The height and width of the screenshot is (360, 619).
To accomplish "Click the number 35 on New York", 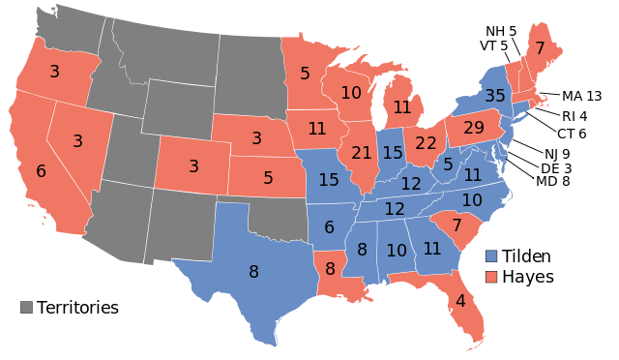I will (x=495, y=96).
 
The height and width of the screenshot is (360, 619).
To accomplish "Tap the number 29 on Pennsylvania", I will (x=474, y=128).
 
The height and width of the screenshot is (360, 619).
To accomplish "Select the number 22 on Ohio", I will (x=426, y=143).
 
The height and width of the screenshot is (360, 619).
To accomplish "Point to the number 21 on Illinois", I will (x=362, y=153).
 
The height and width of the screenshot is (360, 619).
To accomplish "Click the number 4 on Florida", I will (x=460, y=301).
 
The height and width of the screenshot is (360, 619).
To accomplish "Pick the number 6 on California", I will (x=41, y=171).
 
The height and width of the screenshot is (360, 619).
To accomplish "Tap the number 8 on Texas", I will (x=253, y=272).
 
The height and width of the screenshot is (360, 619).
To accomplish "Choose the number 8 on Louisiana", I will (x=330, y=269).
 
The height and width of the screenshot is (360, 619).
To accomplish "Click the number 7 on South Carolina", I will (x=457, y=225).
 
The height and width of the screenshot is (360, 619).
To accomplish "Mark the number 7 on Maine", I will (x=540, y=48).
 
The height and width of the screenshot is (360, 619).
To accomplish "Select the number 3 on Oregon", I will (x=54, y=71).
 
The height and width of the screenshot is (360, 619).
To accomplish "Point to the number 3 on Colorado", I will (x=193, y=166).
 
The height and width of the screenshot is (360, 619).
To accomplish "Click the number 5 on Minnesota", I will (x=305, y=74).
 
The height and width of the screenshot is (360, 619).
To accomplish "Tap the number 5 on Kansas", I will (x=268, y=178).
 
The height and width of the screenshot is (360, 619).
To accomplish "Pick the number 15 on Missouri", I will (x=329, y=180).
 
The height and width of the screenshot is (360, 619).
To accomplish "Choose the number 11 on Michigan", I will (x=402, y=107).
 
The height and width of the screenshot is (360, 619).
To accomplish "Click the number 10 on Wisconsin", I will (x=351, y=93).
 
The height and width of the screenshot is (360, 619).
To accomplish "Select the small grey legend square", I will (x=26, y=307).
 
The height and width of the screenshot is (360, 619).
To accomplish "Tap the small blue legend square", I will (x=491, y=256).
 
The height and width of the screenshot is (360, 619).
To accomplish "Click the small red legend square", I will (x=491, y=277).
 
